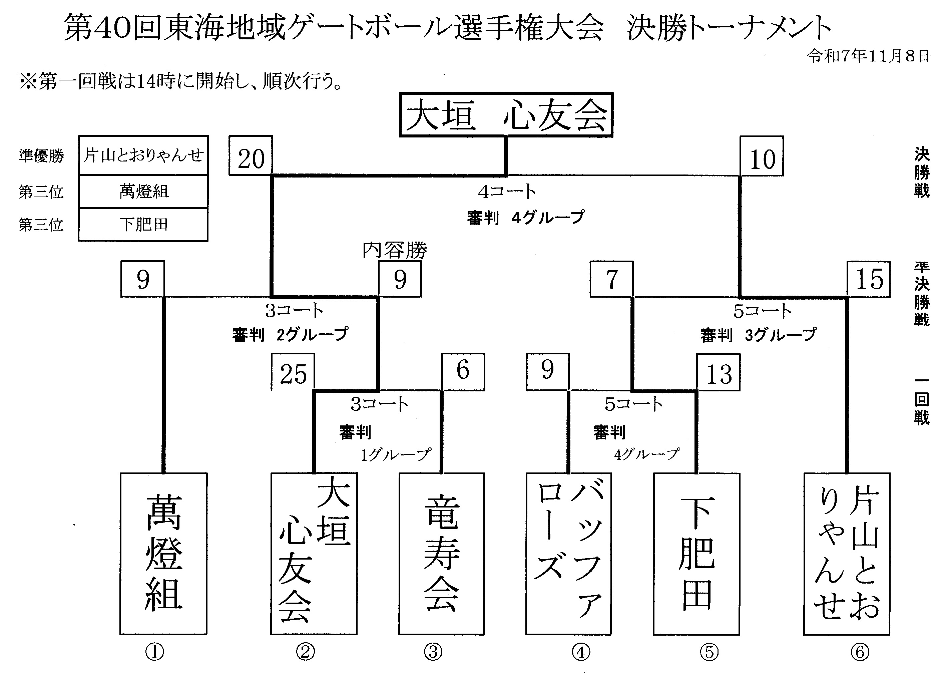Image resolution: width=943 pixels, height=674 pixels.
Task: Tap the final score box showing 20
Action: [251, 155]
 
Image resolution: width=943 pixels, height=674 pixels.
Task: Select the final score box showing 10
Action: [762, 156]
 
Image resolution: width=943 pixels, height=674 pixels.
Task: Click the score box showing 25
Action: [293, 372]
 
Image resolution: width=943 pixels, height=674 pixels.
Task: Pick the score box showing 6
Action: [463, 371]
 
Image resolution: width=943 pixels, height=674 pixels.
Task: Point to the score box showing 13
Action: [718, 372]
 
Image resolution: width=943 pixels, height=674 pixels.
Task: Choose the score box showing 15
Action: [868, 279]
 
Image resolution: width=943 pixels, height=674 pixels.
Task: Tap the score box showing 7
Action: [611, 279]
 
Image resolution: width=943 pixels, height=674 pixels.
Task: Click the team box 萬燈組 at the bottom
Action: [163, 553]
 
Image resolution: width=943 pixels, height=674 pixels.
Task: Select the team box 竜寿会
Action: [441, 553]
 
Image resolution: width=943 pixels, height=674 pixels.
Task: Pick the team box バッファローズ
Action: [568, 553]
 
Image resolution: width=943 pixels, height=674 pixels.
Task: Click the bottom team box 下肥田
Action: [696, 553]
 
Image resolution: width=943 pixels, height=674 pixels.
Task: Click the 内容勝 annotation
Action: [395, 250]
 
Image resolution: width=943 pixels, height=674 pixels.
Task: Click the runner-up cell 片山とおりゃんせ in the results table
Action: [143, 155]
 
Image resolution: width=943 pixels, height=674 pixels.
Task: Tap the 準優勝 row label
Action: [41, 156]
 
